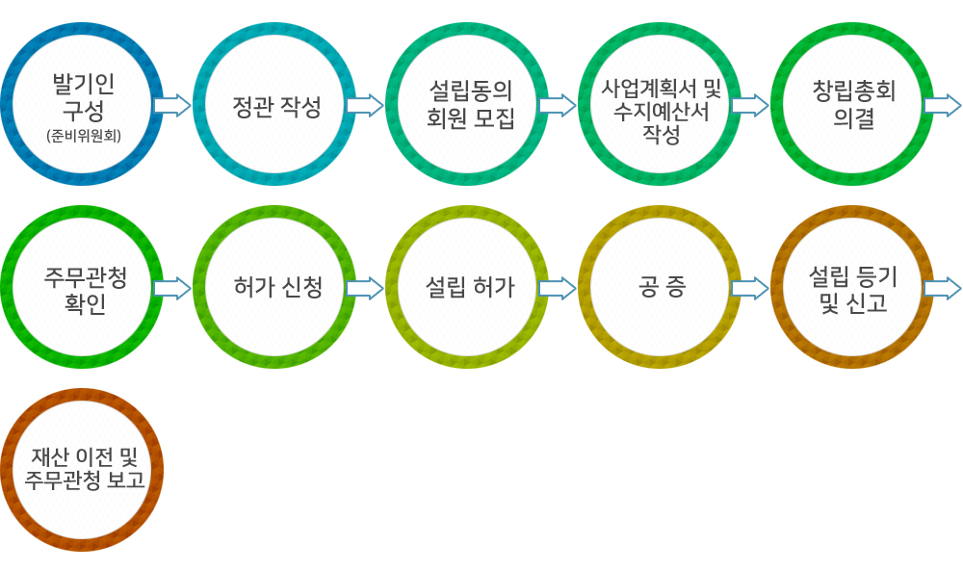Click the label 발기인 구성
82,96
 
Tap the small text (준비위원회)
82,136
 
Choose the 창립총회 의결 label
853,104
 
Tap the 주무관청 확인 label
83,288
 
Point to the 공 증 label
662,287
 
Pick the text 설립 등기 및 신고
853,287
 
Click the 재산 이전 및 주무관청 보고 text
83,470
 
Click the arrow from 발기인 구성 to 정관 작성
172,105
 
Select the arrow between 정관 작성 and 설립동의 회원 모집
365,105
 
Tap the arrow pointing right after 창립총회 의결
943,105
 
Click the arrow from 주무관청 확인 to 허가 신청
172,288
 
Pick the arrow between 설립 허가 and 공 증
558,288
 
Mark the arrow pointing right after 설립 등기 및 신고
943,288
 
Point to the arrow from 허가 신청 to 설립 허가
365,288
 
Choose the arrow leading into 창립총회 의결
750,105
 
